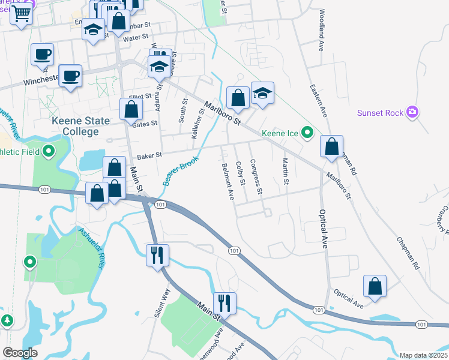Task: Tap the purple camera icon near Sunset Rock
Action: click(412, 112)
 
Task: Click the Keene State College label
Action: click(81, 126)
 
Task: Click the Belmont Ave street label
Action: click(228, 181)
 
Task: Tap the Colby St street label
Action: click(241, 173)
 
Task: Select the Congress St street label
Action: click(256, 176)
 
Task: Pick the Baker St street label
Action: click(149, 156)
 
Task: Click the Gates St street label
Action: click(144, 124)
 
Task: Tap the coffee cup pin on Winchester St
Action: click(70, 76)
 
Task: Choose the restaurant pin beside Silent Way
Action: click(158, 255)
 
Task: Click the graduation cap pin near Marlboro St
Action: click(262, 94)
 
